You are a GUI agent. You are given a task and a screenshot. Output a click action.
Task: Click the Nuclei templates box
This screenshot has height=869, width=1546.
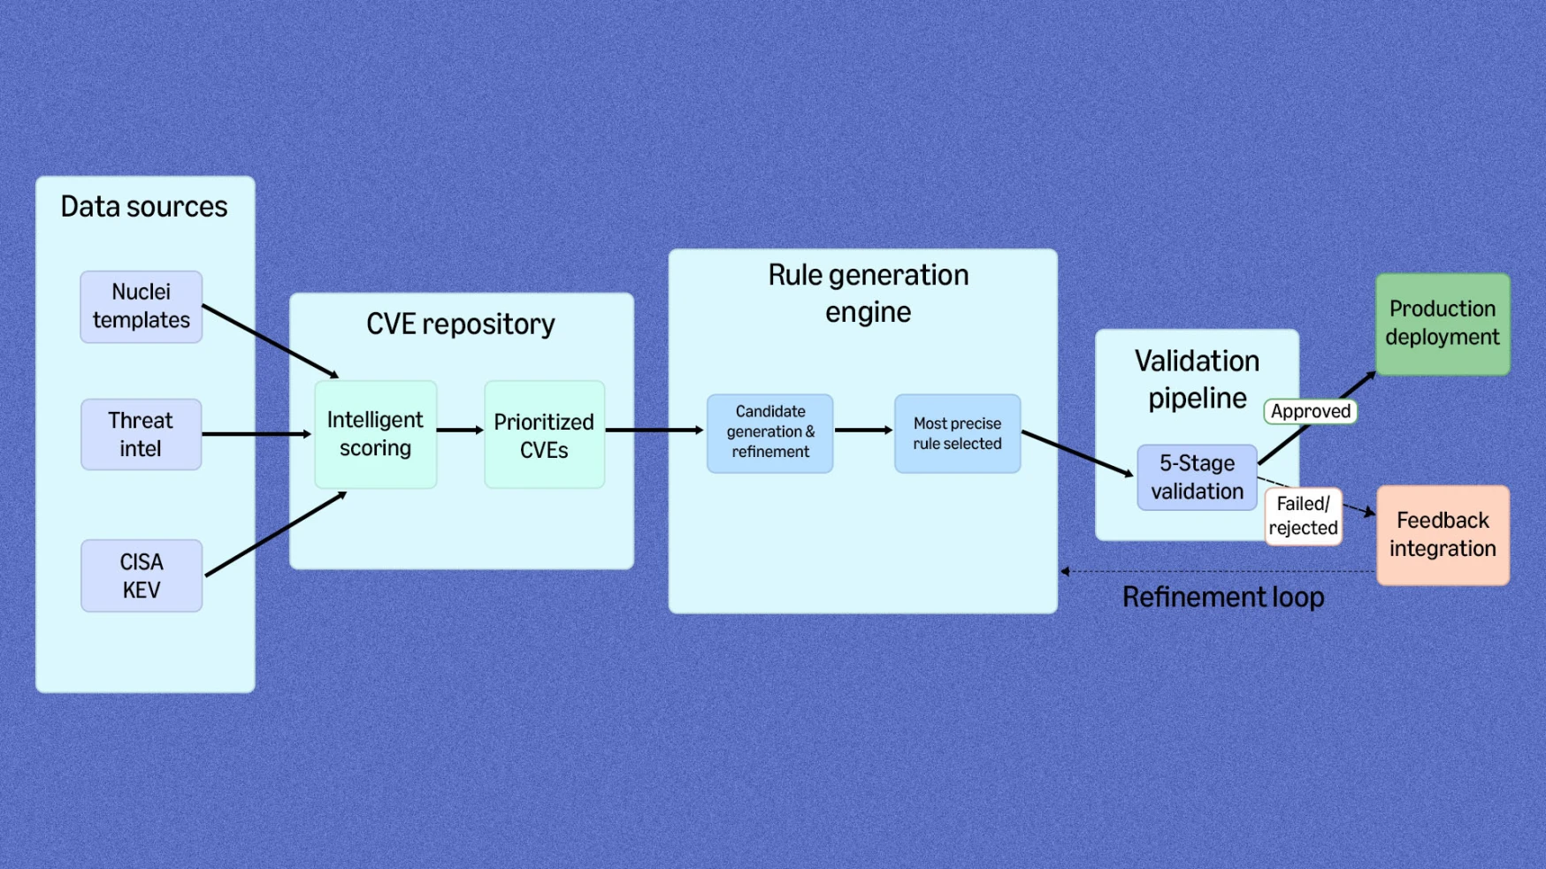pyautogui.click(x=142, y=307)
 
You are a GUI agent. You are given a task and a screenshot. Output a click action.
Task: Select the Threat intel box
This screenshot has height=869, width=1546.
pyautogui.click(x=142, y=434)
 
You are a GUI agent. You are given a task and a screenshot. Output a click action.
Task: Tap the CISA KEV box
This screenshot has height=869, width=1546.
pyautogui.click(x=142, y=576)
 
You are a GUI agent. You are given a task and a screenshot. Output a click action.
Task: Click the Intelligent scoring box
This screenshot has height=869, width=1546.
pyautogui.click(x=375, y=434)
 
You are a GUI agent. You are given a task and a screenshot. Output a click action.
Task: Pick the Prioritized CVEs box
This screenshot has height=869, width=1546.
pyautogui.click(x=544, y=435)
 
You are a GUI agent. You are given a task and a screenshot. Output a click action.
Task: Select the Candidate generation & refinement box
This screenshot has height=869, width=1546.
pyautogui.click(x=770, y=432)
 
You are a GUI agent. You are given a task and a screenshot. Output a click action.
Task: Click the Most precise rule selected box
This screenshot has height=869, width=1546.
pyautogui.click(x=957, y=433)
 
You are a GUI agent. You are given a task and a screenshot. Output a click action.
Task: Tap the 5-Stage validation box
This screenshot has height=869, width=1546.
pyautogui.click(x=1197, y=477)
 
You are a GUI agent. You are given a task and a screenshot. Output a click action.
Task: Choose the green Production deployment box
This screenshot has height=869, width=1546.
pyautogui.click(x=1443, y=324)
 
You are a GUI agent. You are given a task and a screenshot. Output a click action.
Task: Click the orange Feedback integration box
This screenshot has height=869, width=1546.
pyautogui.click(x=1443, y=535)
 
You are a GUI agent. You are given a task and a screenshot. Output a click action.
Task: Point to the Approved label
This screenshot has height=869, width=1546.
pyautogui.click(x=1310, y=411)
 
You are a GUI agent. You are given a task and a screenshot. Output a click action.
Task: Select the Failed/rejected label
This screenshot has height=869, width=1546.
pyautogui.click(x=1303, y=516)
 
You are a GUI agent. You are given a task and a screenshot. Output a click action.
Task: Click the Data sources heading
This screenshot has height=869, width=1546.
pyautogui.click(x=144, y=207)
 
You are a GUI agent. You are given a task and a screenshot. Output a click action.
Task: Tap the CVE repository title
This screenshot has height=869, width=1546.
pyautogui.click(x=461, y=324)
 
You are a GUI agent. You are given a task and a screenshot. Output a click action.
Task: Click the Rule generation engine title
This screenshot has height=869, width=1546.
pyautogui.click(x=868, y=293)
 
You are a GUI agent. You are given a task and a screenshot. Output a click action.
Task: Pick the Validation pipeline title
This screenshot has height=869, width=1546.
pyautogui.click(x=1197, y=379)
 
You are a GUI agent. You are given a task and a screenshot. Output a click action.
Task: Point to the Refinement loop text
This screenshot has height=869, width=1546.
pyautogui.click(x=1223, y=598)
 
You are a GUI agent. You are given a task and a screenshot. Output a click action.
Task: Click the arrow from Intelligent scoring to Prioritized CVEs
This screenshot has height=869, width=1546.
pyautogui.click(x=460, y=431)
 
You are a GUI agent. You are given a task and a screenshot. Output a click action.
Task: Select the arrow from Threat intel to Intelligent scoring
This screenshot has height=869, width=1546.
pyautogui.click(x=256, y=434)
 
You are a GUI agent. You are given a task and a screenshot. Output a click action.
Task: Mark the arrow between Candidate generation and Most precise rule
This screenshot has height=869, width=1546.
pyautogui.click(x=863, y=431)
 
